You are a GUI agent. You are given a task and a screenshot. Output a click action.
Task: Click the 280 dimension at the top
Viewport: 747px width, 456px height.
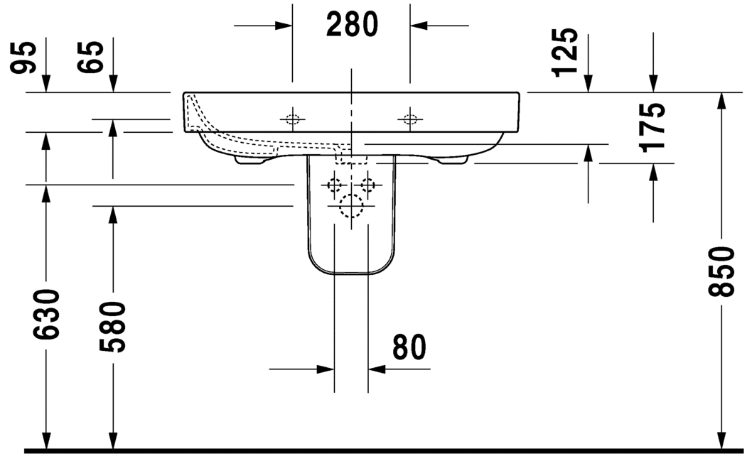pyautogui.click(x=352, y=25)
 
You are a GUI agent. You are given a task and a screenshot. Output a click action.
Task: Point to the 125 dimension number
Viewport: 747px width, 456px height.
pyautogui.click(x=566, y=52)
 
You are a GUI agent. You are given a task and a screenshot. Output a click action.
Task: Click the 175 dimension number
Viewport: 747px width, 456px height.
pyautogui.click(x=652, y=127)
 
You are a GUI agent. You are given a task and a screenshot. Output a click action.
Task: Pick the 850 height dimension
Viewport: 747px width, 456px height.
pyautogui.click(x=721, y=271)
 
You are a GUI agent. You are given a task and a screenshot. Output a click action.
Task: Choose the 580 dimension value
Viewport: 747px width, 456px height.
pyautogui.click(x=112, y=326)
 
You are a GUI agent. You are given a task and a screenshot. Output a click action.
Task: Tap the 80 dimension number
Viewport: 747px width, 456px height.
pyautogui.click(x=409, y=347)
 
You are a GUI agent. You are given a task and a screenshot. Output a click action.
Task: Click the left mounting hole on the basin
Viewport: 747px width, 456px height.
pyautogui.click(x=292, y=119)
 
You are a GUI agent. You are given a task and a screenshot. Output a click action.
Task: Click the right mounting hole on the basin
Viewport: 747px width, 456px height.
pyautogui.click(x=409, y=119)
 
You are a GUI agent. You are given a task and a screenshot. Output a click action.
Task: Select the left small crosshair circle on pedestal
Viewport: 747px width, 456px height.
pyautogui.click(x=334, y=185)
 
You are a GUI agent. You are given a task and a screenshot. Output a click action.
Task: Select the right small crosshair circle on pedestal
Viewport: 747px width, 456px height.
pyautogui.click(x=367, y=185)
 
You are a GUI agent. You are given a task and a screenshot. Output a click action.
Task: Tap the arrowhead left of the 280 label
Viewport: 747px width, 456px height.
pyautogui.click(x=284, y=26)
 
